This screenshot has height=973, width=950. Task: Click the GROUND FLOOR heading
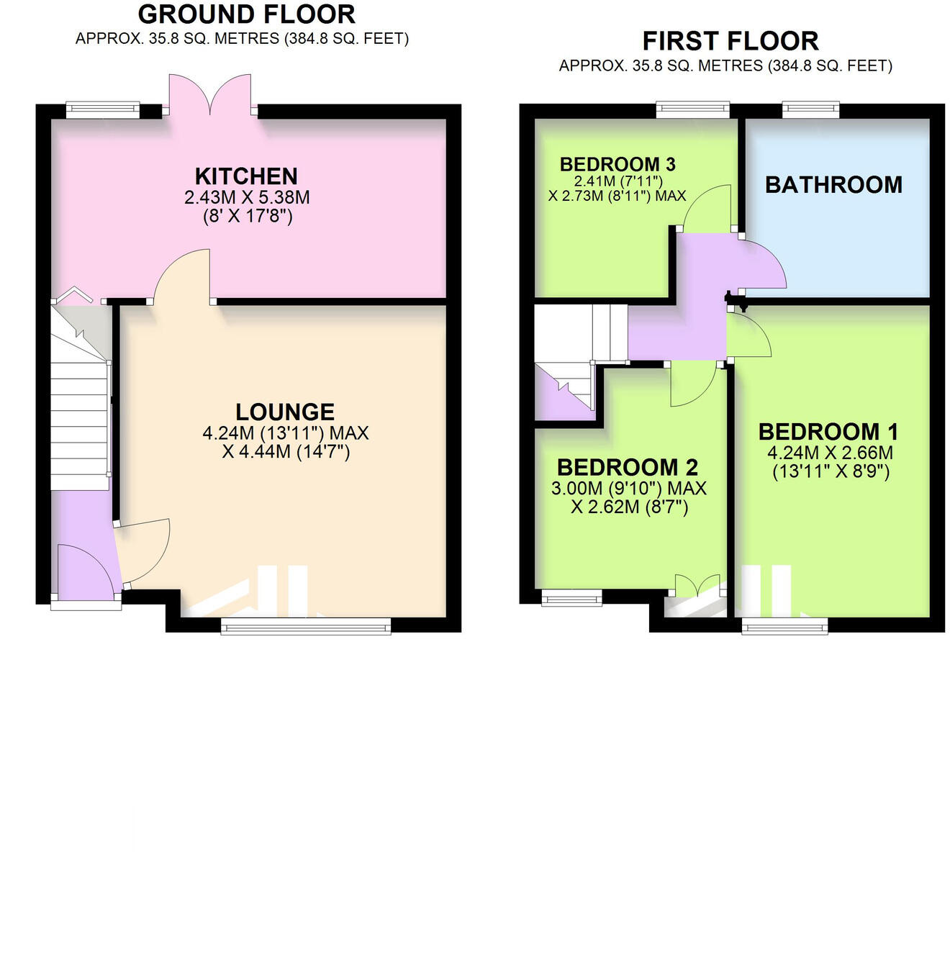point(246,14)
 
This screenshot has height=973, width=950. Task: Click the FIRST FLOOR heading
point(730,41)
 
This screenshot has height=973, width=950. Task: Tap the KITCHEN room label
point(246,176)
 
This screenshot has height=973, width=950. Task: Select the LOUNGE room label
point(285,412)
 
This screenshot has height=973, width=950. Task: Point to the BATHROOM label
point(833,185)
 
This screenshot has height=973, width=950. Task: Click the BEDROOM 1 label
point(828,432)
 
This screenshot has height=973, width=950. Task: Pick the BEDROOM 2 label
point(628,467)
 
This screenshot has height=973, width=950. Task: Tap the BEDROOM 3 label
point(617,164)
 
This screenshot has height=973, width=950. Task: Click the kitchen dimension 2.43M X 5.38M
point(247,197)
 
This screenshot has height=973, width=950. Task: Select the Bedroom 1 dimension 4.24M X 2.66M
point(830,453)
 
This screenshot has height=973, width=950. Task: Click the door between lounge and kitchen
point(181,277)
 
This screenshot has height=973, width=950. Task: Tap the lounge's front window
point(306,628)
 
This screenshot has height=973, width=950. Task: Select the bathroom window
point(810,110)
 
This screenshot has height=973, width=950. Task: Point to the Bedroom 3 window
point(692,110)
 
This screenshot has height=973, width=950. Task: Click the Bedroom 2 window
point(571,597)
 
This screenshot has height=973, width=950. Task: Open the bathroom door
point(763,266)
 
